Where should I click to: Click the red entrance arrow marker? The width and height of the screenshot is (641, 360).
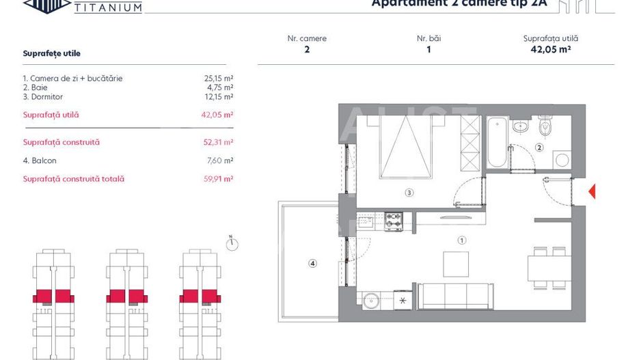(x=592, y=192)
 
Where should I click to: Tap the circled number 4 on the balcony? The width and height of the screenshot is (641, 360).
(x=312, y=263)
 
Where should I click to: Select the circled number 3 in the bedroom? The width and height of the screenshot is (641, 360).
(x=409, y=193)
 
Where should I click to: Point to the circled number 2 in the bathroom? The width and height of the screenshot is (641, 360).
(x=539, y=148)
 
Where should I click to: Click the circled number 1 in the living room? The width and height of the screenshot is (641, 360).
(x=462, y=240)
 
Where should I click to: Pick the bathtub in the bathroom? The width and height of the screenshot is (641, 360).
(x=497, y=142)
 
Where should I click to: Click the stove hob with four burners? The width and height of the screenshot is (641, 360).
(x=394, y=221)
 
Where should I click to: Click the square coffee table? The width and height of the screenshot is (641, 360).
(x=456, y=264)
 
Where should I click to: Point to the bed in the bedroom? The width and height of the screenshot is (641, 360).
(x=406, y=147)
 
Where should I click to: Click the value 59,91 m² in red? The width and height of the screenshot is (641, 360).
(x=219, y=179)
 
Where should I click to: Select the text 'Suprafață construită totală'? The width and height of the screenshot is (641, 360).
(x=74, y=179)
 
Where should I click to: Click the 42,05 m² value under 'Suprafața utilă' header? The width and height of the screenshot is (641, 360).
(x=550, y=49)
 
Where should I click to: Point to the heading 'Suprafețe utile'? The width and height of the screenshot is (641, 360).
(x=51, y=53)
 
